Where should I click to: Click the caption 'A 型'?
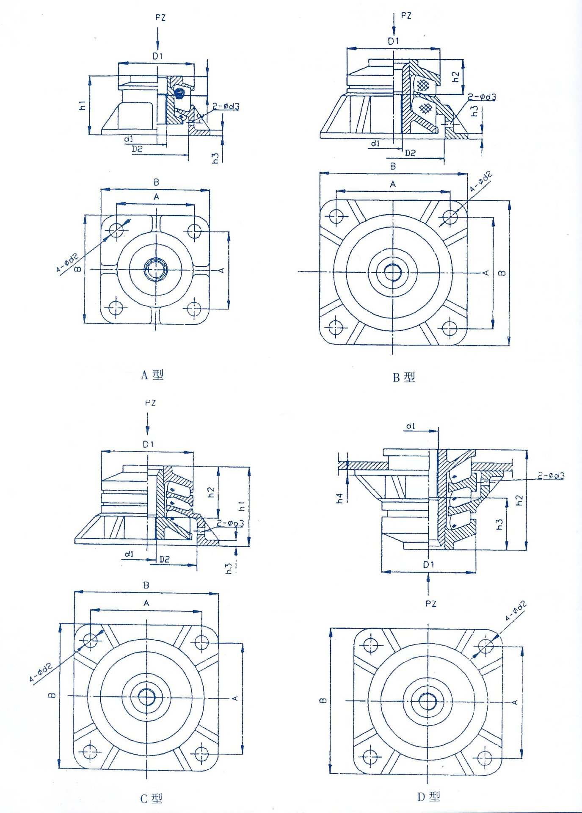click(152, 375)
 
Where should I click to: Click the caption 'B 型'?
click(403, 377)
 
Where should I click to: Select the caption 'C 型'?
click(151, 799)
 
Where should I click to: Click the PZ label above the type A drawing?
click(160, 18)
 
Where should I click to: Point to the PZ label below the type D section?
click(430, 604)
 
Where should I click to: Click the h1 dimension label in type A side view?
click(83, 105)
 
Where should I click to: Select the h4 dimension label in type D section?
click(340, 498)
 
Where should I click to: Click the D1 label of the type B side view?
click(393, 41)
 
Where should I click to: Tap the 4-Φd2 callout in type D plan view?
click(516, 611)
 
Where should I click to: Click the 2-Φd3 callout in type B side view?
click(482, 97)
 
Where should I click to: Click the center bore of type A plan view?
click(156, 269)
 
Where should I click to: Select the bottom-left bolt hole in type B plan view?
click(336, 327)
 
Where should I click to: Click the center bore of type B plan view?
click(392, 271)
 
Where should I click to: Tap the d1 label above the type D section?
click(410, 426)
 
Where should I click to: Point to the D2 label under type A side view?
click(137, 149)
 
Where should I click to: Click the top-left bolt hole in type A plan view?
click(116, 230)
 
